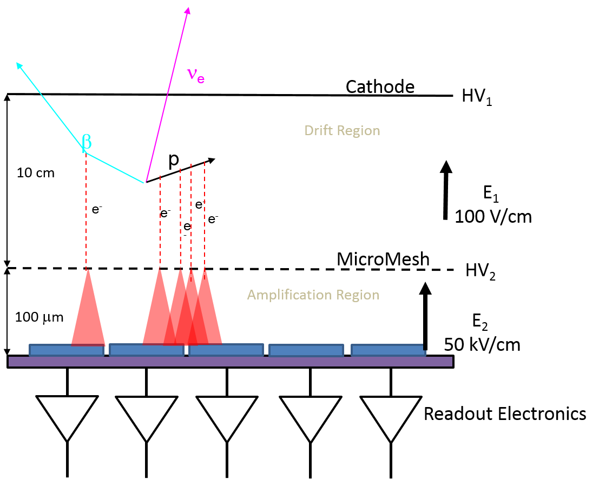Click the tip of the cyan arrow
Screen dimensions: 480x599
[x=17, y=63]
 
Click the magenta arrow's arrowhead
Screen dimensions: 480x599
[x=187, y=10]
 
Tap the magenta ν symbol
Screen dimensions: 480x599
[x=192, y=74]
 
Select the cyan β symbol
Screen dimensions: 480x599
[x=86, y=142]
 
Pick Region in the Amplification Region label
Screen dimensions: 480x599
[x=358, y=295]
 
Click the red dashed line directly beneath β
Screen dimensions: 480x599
[x=86, y=211]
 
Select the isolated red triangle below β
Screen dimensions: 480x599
[x=88, y=314]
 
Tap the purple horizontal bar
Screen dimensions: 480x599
[x=230, y=362]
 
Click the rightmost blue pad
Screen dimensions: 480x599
[x=387, y=350]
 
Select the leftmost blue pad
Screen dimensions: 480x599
[x=67, y=350]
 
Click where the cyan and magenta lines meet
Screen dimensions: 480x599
[x=145, y=182]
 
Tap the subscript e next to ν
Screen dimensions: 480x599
[x=201, y=79]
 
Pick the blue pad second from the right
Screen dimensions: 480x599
[x=306, y=350]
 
